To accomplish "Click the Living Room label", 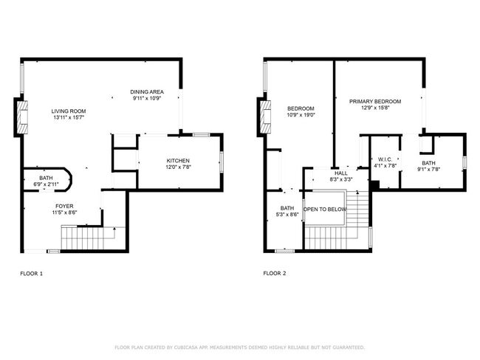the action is click(69, 111).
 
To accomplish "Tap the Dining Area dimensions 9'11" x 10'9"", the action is click(147, 98).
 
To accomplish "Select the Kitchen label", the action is click(178, 161).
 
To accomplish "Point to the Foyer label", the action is click(64, 206).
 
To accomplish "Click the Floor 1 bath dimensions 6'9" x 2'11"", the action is click(46, 184).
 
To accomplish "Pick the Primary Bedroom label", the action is click(375, 101).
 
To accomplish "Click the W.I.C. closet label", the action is click(385, 159).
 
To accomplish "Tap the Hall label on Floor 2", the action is click(341, 173).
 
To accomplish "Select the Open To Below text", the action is click(325, 210).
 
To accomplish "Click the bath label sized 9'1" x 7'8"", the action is click(428, 163).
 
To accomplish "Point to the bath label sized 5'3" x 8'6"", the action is click(287, 208).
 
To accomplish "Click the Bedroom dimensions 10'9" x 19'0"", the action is click(301, 115).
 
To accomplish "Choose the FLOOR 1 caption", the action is click(31, 274).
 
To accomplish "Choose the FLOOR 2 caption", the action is click(275, 273).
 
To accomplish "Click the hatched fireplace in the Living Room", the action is click(22, 117).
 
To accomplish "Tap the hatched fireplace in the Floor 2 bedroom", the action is click(265, 117).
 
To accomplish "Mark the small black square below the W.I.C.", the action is click(374, 185).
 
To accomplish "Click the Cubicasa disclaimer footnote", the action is click(240, 347).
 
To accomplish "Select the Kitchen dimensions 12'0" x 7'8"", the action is click(178, 167).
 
